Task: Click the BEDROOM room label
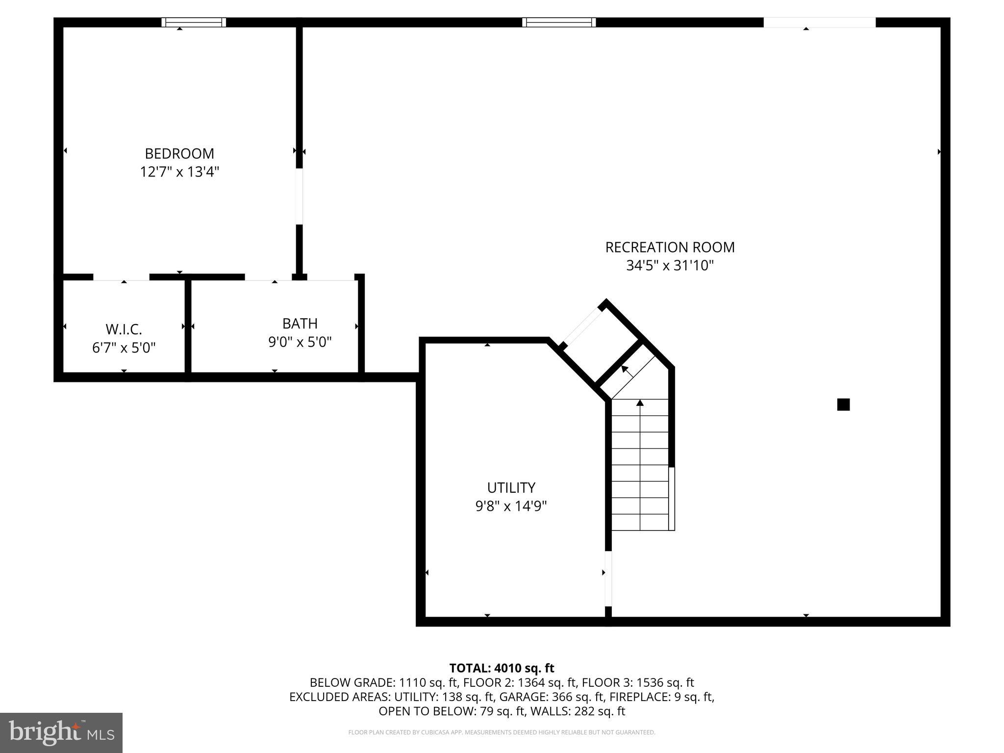click(179, 153)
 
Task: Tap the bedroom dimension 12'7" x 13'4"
click(179, 172)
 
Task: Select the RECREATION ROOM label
click(670, 247)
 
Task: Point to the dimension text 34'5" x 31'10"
click(670, 266)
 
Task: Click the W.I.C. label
click(124, 329)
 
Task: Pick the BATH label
click(300, 324)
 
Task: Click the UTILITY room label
click(511, 488)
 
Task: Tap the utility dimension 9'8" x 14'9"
click(511, 506)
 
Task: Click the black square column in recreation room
click(843, 404)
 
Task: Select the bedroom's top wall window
click(194, 22)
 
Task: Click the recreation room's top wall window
click(559, 22)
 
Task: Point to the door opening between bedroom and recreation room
click(299, 197)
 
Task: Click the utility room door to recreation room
click(608, 578)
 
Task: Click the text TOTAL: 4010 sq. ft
click(502, 668)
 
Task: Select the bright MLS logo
click(61, 733)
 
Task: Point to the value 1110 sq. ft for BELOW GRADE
click(428, 682)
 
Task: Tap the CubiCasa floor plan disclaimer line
click(502, 732)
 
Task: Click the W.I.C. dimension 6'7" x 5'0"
click(124, 348)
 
